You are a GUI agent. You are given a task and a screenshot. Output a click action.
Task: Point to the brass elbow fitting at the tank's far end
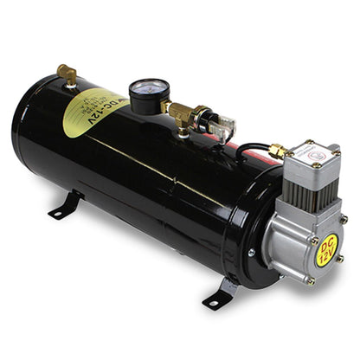click(x=66, y=75)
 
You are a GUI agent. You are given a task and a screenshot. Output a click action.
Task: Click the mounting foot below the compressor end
click(x=219, y=292)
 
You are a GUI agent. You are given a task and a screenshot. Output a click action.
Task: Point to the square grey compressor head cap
click(x=312, y=156)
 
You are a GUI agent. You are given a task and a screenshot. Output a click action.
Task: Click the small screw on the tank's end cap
click(x=251, y=253)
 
